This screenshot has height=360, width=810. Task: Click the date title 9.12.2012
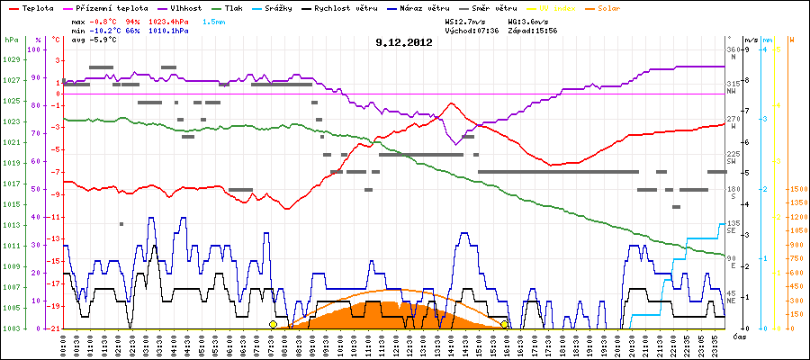tap(404, 41)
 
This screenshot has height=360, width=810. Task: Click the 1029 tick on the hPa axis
tap(11, 59)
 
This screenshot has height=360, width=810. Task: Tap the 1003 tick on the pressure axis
tap(11, 328)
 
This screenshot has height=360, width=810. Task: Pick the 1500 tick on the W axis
tap(796, 189)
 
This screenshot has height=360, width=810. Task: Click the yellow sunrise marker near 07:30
tap(273, 324)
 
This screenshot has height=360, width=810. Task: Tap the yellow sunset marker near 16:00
tap(505, 324)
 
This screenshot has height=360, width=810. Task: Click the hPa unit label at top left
tap(11, 40)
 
